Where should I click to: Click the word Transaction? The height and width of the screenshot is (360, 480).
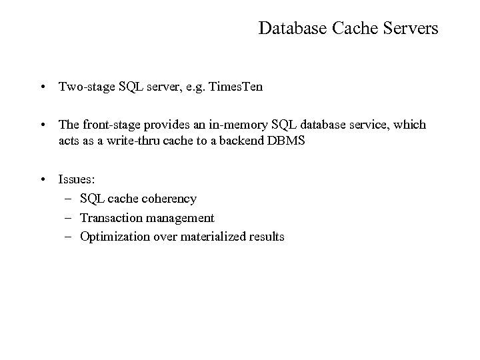point(109,217)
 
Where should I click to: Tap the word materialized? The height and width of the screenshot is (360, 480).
point(207,237)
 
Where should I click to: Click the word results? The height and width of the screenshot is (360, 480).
point(265,237)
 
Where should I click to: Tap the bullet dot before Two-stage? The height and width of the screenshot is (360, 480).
point(42,87)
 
